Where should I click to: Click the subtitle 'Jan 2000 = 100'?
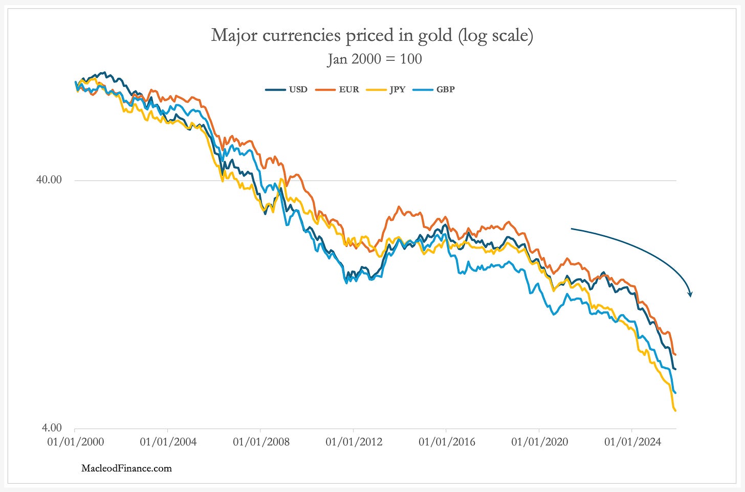(x=375, y=59)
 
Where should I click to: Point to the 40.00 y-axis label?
(x=49, y=180)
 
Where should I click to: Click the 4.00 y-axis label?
(x=51, y=428)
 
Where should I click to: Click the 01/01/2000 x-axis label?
(x=75, y=442)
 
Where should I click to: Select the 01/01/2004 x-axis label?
(x=168, y=442)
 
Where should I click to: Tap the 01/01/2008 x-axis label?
(x=261, y=442)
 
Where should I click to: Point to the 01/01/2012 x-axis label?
(x=354, y=442)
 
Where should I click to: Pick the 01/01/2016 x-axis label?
(x=447, y=442)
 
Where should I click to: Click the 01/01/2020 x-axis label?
(x=539, y=442)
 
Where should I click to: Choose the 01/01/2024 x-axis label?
(x=632, y=442)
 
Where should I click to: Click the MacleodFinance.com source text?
(x=126, y=468)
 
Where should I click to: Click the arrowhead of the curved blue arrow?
(x=690, y=294)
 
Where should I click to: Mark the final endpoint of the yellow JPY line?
(x=675, y=410)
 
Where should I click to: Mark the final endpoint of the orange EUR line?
(x=675, y=354)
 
